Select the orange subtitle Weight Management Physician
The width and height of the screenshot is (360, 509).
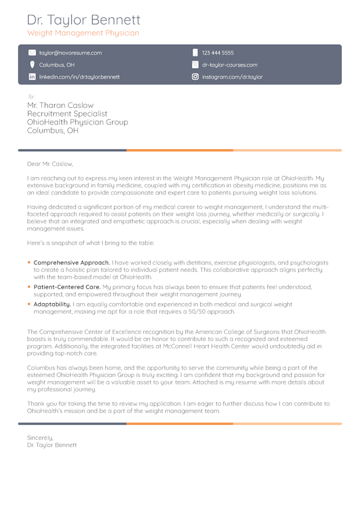[83, 33]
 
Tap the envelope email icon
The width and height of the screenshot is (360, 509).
[32, 53]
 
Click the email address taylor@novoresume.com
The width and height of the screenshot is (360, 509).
[71, 53]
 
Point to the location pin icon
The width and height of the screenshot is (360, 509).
[32, 65]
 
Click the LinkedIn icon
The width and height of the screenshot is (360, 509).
[32, 77]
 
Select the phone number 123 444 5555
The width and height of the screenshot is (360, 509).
[218, 53]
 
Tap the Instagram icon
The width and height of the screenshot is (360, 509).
[195, 77]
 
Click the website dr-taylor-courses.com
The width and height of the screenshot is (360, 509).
[229, 65]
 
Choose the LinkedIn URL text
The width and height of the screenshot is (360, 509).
[79, 77]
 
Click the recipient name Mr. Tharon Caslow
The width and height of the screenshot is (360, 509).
[60, 105]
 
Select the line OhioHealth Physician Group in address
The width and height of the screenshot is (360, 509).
[77, 123]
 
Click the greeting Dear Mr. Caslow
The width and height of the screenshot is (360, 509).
[50, 163]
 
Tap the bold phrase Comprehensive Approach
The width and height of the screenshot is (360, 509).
[71, 262]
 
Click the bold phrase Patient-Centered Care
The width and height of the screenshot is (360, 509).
[67, 286]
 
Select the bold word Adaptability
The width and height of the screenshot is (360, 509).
[52, 304]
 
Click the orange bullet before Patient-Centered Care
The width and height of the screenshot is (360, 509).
[29, 286]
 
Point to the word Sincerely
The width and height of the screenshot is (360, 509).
[40, 437]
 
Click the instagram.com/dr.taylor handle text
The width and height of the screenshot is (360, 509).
[232, 77]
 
